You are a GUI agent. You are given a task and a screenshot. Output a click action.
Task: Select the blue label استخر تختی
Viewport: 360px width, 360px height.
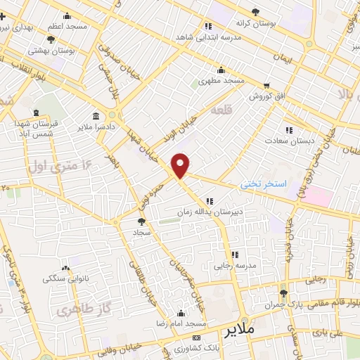point(264,184)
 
